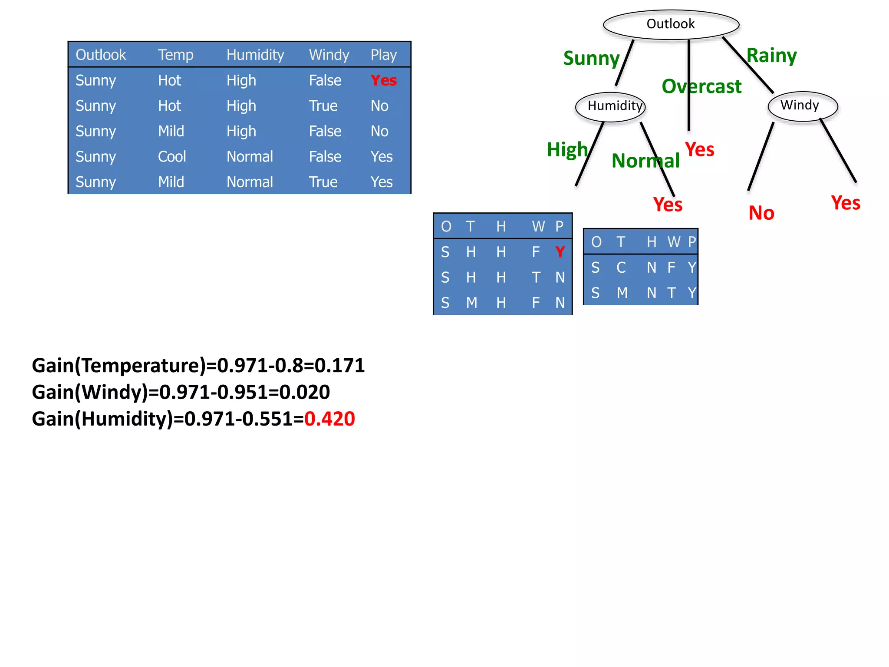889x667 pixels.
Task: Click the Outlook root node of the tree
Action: (x=671, y=24)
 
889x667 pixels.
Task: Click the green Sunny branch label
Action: (x=591, y=59)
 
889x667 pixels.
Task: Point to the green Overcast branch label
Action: (x=701, y=86)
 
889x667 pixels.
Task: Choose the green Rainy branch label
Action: (x=771, y=56)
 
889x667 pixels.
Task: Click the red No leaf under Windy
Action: (x=761, y=213)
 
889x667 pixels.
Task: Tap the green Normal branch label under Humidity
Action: (x=645, y=161)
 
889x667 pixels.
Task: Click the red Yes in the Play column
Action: (x=383, y=80)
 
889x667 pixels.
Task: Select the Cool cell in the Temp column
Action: (x=172, y=156)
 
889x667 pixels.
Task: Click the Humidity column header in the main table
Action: (x=255, y=55)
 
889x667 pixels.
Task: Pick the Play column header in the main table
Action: (x=383, y=55)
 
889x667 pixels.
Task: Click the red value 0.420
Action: (x=329, y=419)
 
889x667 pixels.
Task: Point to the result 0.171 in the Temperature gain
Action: (x=339, y=366)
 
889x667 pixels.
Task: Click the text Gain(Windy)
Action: (x=90, y=392)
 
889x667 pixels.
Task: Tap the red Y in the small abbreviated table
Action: (x=560, y=252)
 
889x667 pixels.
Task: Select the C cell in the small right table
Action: (x=621, y=267)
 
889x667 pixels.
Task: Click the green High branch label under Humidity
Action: (x=567, y=150)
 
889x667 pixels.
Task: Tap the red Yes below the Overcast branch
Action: (x=699, y=150)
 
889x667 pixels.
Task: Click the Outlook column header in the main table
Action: (x=101, y=55)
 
